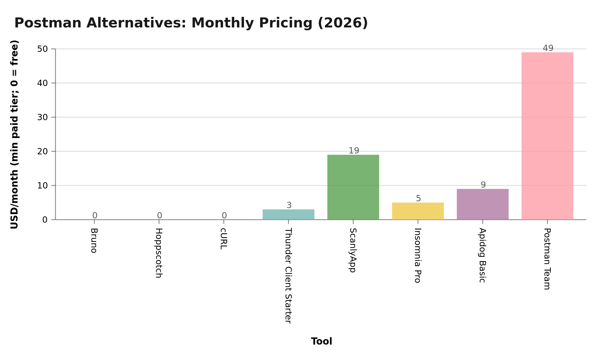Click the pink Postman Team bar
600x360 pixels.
[547, 136]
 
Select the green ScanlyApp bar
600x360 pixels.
[353, 187]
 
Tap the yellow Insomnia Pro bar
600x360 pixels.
[418, 211]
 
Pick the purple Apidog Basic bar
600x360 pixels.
[483, 204]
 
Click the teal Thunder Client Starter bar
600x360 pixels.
[289, 215]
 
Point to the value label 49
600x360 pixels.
[548, 48]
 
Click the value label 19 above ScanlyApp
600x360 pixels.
[354, 151]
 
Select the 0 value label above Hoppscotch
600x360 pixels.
[159, 215]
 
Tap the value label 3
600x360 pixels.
[289, 205]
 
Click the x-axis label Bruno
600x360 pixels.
[94, 241]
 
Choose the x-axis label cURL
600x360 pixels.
[223, 239]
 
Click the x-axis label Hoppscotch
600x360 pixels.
[159, 253]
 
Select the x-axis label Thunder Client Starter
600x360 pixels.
[288, 276]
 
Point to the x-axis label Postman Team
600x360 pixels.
[547, 259]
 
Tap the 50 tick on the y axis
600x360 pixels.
[42, 49]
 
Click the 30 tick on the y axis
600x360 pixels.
[42, 117]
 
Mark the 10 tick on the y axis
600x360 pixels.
[42, 186]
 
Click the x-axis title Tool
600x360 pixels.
[321, 341]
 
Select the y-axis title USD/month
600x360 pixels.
[14, 134]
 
